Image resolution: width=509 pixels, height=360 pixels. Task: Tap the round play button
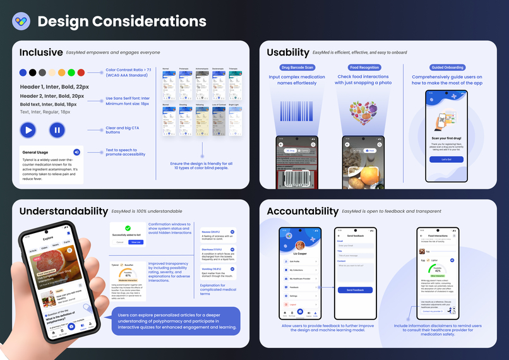click(28, 130)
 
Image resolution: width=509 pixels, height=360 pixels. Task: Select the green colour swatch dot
click(71, 73)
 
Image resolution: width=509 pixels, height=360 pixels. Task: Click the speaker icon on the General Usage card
click(76, 152)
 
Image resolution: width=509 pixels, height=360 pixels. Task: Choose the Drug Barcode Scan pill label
click(296, 68)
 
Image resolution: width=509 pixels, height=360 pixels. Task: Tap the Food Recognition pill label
click(364, 68)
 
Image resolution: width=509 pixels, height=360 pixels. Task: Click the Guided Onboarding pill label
click(446, 68)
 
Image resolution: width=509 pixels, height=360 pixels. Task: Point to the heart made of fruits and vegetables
click(364, 112)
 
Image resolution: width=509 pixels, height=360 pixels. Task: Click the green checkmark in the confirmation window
click(128, 228)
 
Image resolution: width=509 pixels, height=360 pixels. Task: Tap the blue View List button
click(135, 242)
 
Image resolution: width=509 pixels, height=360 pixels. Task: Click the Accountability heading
click(302, 211)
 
